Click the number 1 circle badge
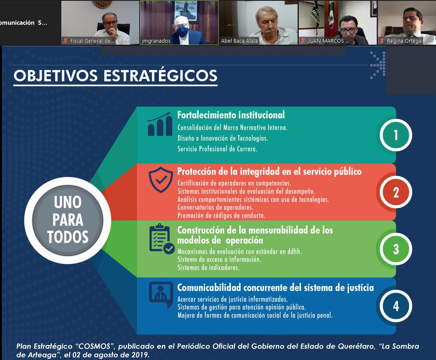tap(396, 135)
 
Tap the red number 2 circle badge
tap(396, 192)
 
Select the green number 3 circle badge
tap(396, 249)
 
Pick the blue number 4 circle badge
tap(396, 306)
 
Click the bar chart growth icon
tap(160, 124)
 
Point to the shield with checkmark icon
tap(161, 180)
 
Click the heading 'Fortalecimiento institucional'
tap(231, 115)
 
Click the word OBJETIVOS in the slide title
tap(56, 75)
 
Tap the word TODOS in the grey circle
tap(67, 237)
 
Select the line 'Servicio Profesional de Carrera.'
tap(217, 149)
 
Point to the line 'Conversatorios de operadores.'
tap(215, 207)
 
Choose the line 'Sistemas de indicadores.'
tap(208, 268)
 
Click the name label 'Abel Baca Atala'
tap(240, 41)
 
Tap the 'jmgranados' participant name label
tap(156, 41)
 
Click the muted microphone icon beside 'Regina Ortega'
tap(382, 41)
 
